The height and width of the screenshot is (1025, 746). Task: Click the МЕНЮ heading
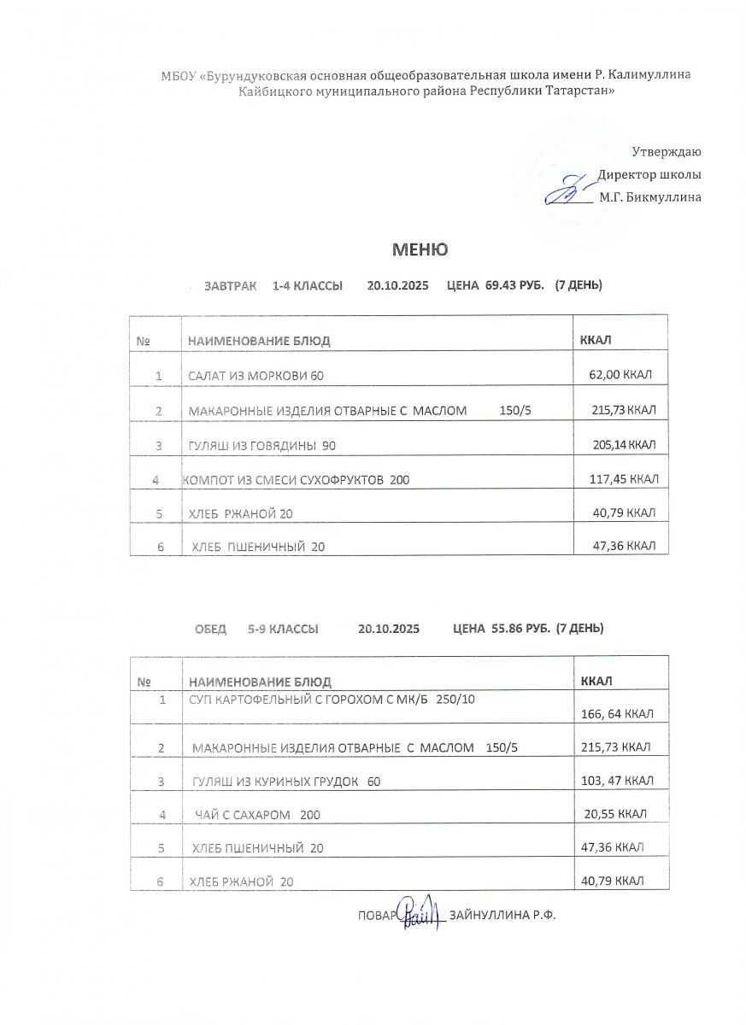pyautogui.click(x=420, y=249)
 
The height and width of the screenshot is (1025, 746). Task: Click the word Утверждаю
pyautogui.click(x=667, y=152)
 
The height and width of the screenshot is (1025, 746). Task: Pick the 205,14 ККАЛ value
pyautogui.click(x=624, y=445)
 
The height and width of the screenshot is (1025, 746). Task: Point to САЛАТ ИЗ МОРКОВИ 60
pyautogui.click(x=256, y=376)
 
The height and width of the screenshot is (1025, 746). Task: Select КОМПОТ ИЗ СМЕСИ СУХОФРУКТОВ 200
pyautogui.click(x=296, y=480)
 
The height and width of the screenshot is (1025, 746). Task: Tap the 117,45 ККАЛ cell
pyautogui.click(x=622, y=480)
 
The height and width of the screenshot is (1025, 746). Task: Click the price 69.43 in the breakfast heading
pyautogui.click(x=502, y=285)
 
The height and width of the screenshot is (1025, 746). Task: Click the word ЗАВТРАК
pyautogui.click(x=230, y=285)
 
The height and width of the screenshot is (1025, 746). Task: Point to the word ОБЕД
pyautogui.click(x=210, y=629)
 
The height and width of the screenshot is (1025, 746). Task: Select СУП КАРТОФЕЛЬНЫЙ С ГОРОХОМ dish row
pyautogui.click(x=332, y=700)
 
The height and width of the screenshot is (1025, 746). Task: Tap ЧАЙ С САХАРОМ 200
pyautogui.click(x=257, y=815)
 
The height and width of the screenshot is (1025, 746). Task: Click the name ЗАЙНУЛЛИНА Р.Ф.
pyautogui.click(x=502, y=915)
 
